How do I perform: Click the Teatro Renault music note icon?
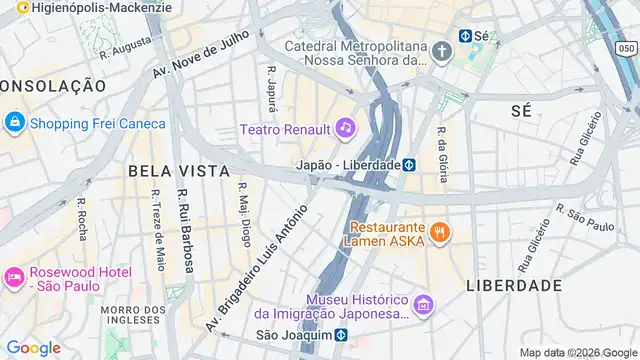[x=345, y=127]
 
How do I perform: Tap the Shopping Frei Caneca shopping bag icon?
[x=14, y=123]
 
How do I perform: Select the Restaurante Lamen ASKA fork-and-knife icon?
[x=440, y=234]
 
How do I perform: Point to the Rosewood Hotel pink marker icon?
[x=14, y=277]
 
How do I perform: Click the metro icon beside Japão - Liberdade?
[x=409, y=164]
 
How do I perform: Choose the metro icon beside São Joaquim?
[x=341, y=335]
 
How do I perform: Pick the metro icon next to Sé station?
[x=465, y=35]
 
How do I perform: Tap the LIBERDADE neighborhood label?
[x=514, y=285]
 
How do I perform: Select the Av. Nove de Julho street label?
[x=199, y=57]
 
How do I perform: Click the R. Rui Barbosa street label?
[x=185, y=231]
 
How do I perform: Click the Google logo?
[x=33, y=347]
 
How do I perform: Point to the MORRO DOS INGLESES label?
[x=133, y=314]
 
